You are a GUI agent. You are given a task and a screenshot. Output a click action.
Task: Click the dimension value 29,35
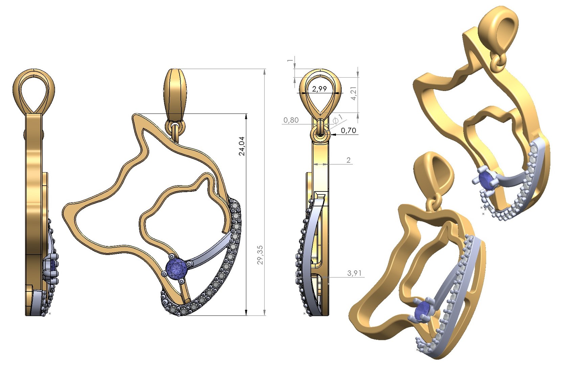click(x=260, y=255)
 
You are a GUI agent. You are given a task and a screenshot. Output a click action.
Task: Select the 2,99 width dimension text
click(x=319, y=89)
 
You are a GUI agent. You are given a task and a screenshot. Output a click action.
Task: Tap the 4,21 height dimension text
click(x=353, y=93)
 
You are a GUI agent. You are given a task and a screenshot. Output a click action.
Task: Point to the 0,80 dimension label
click(x=291, y=120)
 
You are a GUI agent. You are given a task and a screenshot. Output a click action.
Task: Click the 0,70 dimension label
click(x=348, y=130)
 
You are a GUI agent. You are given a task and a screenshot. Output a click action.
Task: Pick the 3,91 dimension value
click(x=354, y=273)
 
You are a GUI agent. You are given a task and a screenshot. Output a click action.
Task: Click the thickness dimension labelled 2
click(x=349, y=160)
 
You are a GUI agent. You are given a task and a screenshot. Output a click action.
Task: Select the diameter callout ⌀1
click(x=338, y=119)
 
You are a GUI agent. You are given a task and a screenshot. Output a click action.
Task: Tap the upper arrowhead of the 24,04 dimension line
click(x=246, y=116)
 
